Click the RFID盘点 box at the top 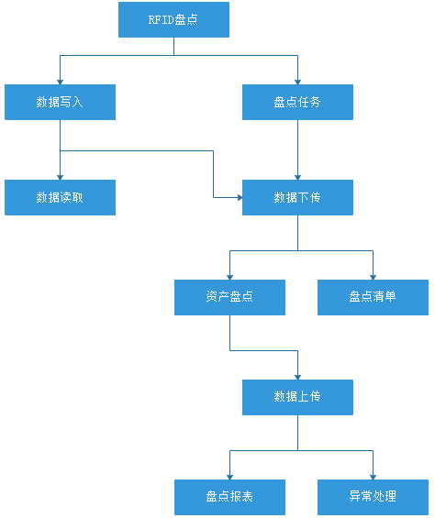(173, 19)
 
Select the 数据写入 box (60, 102)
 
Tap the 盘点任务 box (297, 102)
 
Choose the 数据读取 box (60, 197)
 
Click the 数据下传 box (297, 197)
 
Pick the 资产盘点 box (229, 297)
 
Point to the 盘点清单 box (373, 297)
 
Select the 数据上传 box (297, 397)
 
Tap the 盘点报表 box (229, 497)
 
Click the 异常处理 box (373, 497)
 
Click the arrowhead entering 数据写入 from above (60, 81)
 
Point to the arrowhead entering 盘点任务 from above (297, 81)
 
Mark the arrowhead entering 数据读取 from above (60, 176)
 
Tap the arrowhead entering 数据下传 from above (297, 176)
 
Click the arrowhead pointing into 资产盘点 (229, 276)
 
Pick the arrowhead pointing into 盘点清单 (373, 276)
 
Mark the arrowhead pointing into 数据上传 (297, 376)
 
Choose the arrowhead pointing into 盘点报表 (229, 476)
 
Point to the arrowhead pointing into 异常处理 (373, 476)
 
